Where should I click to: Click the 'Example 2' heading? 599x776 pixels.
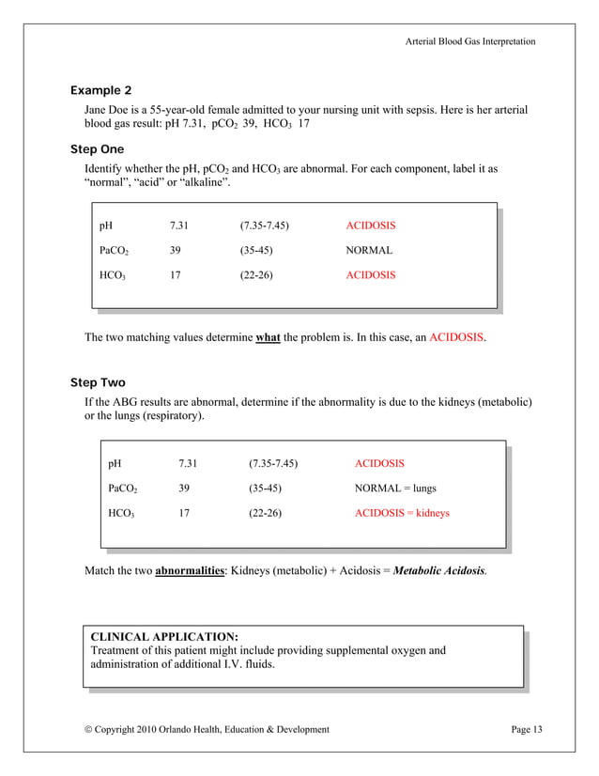click(x=101, y=90)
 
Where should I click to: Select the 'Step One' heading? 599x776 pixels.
click(x=97, y=149)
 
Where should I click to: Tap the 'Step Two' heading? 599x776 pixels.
click(x=98, y=383)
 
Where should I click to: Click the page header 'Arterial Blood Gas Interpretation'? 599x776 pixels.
click(x=470, y=41)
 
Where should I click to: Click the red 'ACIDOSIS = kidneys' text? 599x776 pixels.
click(x=401, y=513)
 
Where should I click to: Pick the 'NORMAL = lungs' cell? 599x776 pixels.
click(x=394, y=489)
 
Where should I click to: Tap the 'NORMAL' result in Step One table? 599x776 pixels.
click(x=369, y=251)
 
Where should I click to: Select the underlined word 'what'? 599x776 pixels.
click(x=268, y=336)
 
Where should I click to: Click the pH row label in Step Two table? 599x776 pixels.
click(x=115, y=463)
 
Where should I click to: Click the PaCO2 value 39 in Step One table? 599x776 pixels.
click(x=176, y=251)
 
